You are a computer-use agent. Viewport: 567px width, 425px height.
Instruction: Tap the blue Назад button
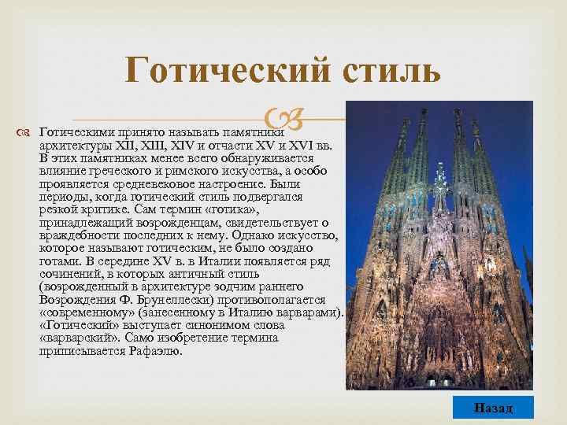pos(494,408)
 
